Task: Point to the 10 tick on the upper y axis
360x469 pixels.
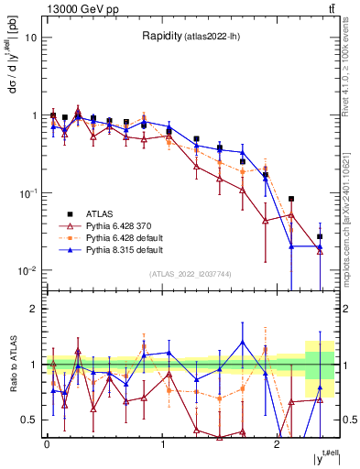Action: pos(30,38)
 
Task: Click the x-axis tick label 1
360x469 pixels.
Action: pos(162,442)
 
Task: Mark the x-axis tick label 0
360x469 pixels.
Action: pos(47,442)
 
